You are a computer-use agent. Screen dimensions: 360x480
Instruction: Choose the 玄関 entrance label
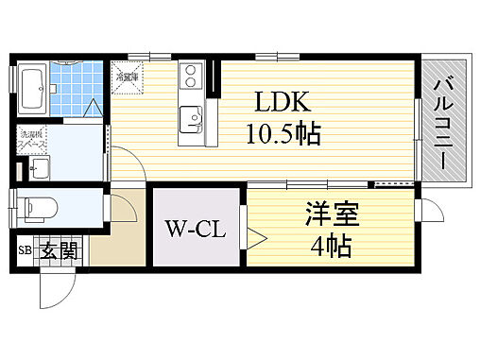59,252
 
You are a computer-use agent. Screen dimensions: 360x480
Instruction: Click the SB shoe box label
25,252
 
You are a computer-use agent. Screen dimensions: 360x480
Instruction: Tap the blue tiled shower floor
74,88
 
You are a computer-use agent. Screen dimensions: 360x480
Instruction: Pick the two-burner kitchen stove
190,74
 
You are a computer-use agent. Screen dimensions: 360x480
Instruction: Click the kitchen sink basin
191,119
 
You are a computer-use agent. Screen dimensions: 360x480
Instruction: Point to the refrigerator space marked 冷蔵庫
127,75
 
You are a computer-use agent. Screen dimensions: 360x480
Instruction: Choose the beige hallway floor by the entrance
120,231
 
